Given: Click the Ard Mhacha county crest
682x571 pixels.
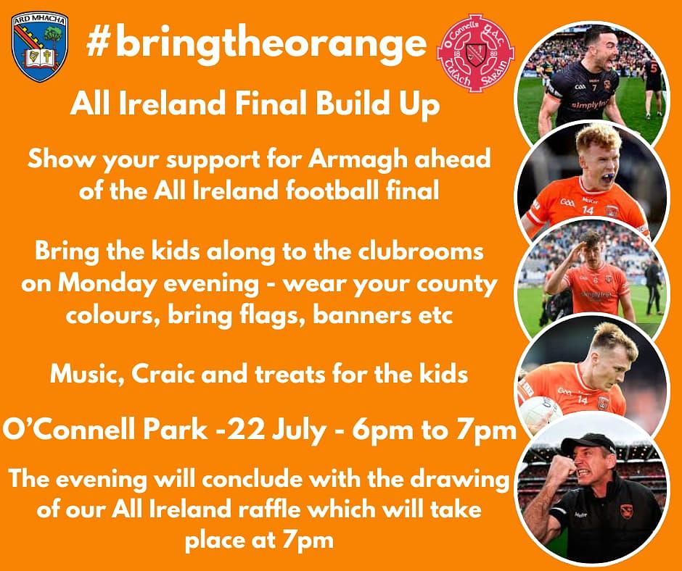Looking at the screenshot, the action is [x=40, y=46].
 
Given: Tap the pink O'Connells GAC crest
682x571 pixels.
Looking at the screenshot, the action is [x=475, y=54].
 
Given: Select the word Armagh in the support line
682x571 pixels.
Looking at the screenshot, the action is [x=358, y=160].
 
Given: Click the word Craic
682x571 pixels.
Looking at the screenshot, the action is [x=163, y=375].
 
